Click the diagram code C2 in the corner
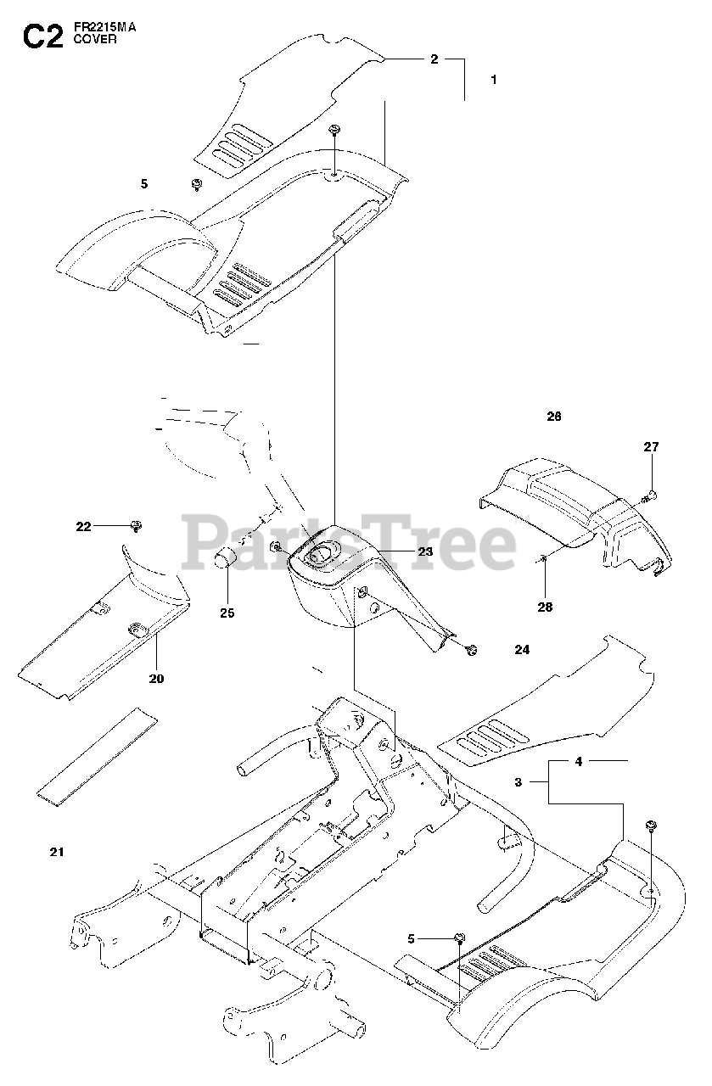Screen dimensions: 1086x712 [42, 36]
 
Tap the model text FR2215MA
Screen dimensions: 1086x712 [104, 27]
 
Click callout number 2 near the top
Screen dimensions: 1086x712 [434, 59]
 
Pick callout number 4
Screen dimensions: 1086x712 [578, 761]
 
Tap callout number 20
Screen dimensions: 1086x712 [157, 678]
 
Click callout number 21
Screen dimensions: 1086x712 [57, 851]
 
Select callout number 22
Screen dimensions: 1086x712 [83, 527]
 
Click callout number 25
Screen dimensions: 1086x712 [227, 612]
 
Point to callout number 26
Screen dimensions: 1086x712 [554, 417]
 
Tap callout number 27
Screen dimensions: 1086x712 [651, 446]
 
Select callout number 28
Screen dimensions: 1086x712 [545, 606]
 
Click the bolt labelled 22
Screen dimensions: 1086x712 [135, 526]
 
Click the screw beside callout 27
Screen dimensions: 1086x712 [651, 495]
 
